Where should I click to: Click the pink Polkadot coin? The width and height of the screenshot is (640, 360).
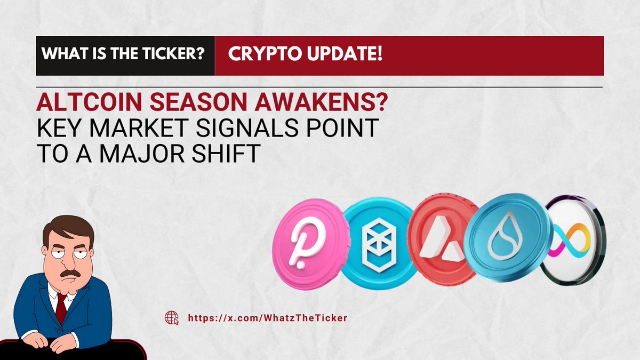coord(311,244)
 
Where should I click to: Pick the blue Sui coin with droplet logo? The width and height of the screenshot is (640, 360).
coord(507,238)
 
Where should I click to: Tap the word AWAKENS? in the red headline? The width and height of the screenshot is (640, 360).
coord(321,102)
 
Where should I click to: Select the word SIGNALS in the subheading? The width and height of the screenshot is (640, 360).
coord(247,127)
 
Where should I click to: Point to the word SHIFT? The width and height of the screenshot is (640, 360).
coord(226,154)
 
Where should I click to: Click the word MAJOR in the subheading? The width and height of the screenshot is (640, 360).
coord(141,154)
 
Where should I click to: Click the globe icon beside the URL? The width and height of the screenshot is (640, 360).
coord(172,318)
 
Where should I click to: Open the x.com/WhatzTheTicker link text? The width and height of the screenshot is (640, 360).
coord(267,318)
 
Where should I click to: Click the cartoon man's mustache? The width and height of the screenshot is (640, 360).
coord(70,274)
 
